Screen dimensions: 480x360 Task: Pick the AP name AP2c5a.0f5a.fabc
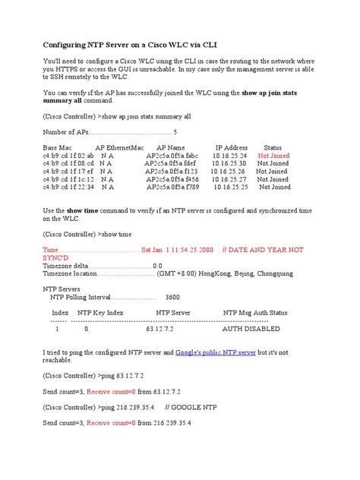171,155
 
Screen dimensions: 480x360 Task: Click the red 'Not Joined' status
273,155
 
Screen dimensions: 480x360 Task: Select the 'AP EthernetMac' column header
119,147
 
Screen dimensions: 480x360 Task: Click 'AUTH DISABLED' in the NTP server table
255,330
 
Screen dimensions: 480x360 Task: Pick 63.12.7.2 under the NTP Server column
159,330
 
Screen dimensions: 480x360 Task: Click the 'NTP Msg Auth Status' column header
266,312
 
